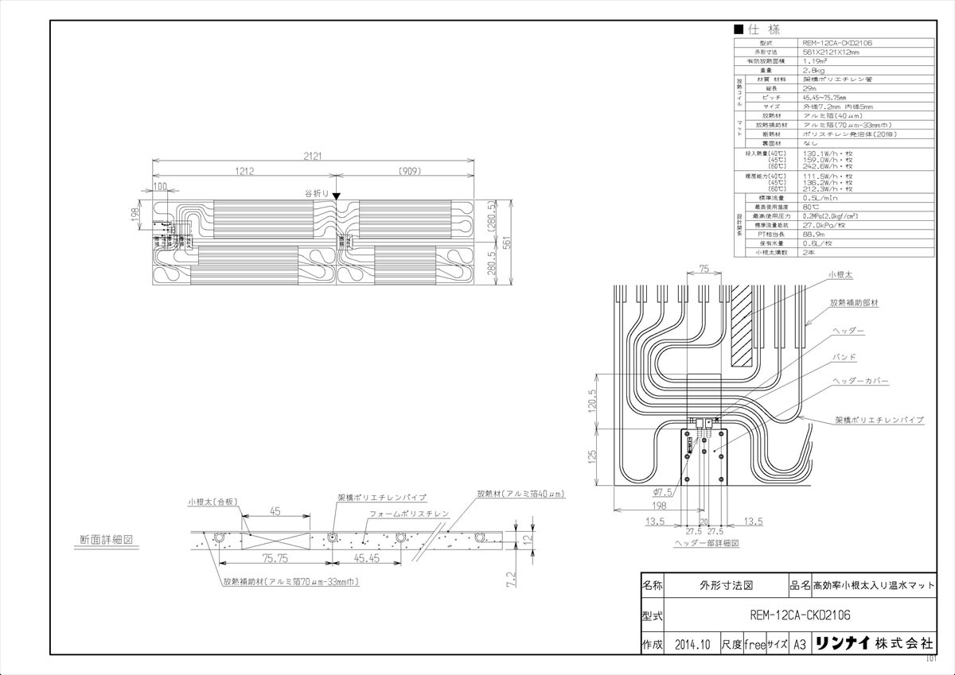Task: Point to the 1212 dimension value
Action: tap(244, 172)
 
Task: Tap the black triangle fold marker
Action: tap(337, 196)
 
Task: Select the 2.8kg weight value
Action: tap(816, 70)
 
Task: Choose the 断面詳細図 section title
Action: tap(106, 539)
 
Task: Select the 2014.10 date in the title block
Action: tap(690, 645)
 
